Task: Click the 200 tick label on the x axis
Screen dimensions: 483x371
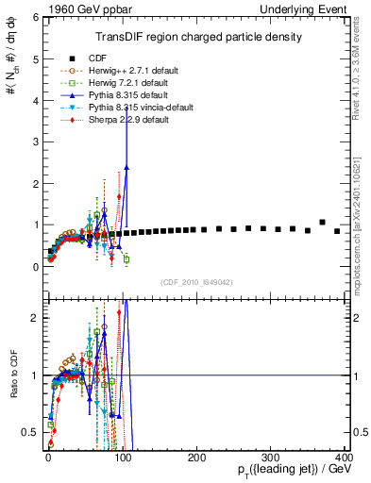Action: point(195,458)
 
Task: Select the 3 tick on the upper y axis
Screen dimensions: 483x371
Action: point(35,142)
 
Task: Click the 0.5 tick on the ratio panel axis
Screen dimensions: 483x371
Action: point(31,432)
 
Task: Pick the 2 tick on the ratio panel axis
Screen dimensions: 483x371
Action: point(35,318)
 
